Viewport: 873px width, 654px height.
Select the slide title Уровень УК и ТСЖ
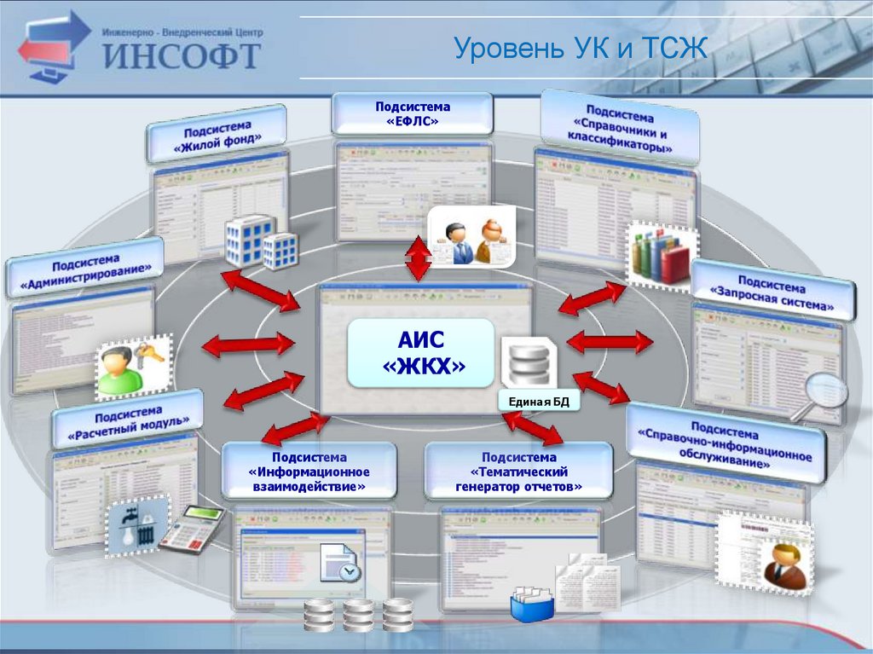click(581, 48)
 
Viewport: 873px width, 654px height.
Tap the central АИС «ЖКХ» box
click(420, 353)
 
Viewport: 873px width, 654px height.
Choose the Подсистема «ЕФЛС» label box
click(412, 114)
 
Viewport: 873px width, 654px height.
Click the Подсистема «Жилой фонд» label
click(217, 134)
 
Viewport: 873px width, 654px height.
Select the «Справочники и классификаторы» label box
click(620, 129)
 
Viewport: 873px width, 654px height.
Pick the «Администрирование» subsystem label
click(84, 267)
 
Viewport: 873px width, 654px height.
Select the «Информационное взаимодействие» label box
click(309, 470)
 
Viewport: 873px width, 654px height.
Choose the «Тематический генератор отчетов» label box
click(518, 470)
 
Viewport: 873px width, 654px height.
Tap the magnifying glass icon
click(822, 392)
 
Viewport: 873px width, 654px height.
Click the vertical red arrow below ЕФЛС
click(418, 258)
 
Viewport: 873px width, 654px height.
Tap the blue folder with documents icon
click(532, 603)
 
